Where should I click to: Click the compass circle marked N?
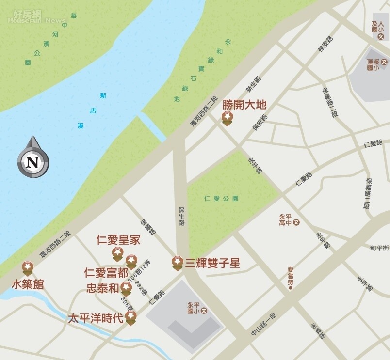(32, 161)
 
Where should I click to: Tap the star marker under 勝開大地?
(227, 117)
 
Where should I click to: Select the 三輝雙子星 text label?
(212, 263)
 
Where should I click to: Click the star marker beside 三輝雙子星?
(178, 262)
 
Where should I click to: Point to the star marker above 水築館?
(28, 267)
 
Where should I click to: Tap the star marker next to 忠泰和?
(126, 288)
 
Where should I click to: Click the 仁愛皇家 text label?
(118, 239)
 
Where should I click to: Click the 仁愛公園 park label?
(222, 198)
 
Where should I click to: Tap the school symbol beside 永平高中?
(296, 223)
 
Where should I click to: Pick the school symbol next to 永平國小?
(204, 310)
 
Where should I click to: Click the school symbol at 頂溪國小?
(384, 62)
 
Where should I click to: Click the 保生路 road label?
(181, 217)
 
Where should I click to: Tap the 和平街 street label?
(379, 248)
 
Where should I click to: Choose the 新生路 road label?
(253, 84)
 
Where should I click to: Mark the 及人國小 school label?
(377, 26)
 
